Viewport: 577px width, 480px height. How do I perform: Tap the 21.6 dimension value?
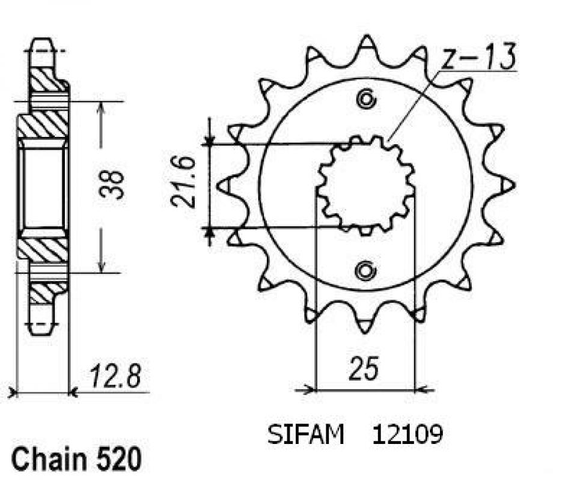click(x=182, y=183)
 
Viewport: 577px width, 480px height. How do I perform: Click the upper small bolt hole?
click(x=365, y=100)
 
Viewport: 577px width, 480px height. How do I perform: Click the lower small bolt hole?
click(x=365, y=271)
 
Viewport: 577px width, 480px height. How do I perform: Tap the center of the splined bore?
click(x=365, y=185)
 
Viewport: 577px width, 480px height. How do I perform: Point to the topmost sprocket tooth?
click(x=365, y=42)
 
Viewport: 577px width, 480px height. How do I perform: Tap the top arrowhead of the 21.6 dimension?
click(x=209, y=139)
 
